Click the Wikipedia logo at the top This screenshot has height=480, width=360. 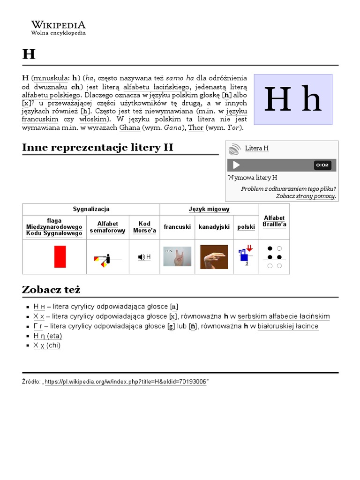click(x=58, y=28)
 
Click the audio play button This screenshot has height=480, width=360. click(x=236, y=165)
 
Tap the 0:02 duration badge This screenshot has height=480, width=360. click(x=322, y=165)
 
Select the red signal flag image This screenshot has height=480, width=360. click(x=60, y=256)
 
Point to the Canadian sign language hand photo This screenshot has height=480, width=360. click(x=214, y=257)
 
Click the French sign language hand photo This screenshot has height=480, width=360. click(x=177, y=256)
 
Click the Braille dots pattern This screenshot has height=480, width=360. click(x=274, y=257)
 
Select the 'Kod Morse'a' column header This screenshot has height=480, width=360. click(x=144, y=227)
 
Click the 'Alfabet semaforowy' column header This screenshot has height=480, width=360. click(x=107, y=227)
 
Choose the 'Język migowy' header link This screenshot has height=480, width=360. click(x=209, y=209)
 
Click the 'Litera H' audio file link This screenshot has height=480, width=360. click(x=256, y=149)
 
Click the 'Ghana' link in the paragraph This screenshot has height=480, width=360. click(x=129, y=128)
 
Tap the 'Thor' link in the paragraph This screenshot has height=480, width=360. click(x=196, y=128)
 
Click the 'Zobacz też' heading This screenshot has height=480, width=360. click(x=51, y=290)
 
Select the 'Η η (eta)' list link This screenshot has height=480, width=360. click(x=47, y=336)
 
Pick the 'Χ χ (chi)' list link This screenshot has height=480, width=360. click(x=47, y=345)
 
